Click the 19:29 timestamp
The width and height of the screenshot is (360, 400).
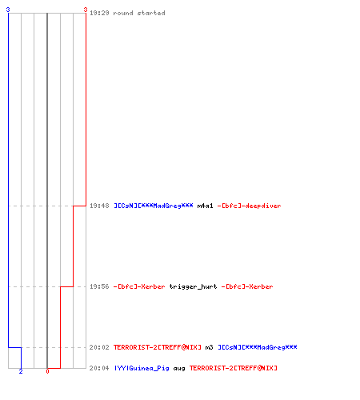pos(99,13)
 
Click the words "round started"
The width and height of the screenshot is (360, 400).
pos(139,13)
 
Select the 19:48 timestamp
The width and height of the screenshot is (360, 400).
pos(99,206)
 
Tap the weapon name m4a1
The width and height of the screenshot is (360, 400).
pos(205,206)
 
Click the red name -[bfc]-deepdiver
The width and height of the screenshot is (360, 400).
pos(249,206)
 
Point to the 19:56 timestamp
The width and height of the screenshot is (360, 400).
pos(99,286)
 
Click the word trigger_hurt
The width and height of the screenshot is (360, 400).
pos(193,286)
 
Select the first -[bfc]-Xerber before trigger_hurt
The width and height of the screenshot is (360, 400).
pos(139,286)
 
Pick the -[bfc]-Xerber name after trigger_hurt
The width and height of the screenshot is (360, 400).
pos(247,286)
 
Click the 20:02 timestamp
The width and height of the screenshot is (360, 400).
pos(99,347)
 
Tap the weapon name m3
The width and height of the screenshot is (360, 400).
pos(209,347)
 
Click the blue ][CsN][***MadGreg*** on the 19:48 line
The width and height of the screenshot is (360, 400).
pos(154,206)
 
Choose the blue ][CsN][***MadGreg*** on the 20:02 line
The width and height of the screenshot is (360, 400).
pos(258,347)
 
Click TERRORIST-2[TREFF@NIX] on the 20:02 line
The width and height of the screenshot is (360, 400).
pos(158,347)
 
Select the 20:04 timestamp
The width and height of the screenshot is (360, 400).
pos(99,368)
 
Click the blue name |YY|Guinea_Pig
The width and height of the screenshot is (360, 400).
pos(142,368)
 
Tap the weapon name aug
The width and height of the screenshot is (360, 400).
pos(179,368)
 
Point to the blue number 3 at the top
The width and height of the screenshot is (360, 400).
pos(8,10)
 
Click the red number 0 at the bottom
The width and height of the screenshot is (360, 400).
pos(47,371)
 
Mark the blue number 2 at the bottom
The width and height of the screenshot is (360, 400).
pos(21,371)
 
